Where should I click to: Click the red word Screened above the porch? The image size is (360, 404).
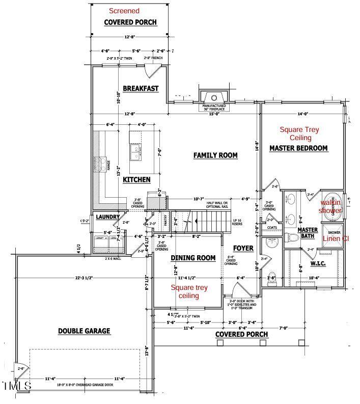click(x=125, y=11)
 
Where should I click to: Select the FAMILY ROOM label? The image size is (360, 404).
click(x=215, y=155)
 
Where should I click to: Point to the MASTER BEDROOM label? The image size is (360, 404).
click(x=298, y=148)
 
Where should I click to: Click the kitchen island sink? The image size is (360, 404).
click(x=135, y=152)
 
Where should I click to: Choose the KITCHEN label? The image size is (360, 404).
click(x=136, y=179)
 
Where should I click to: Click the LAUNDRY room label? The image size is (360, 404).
click(x=107, y=217)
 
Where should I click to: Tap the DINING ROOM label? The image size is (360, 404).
click(x=192, y=258)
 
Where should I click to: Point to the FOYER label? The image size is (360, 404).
click(x=243, y=248)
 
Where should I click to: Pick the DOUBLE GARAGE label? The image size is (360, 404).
click(x=84, y=331)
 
